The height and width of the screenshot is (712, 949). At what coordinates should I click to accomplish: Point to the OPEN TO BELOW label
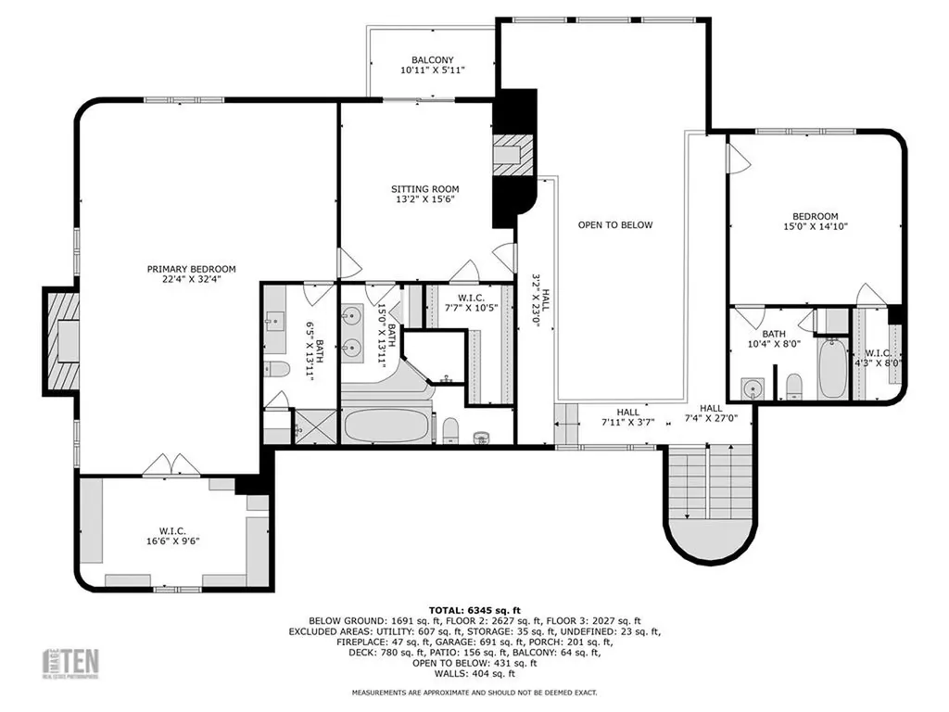615,225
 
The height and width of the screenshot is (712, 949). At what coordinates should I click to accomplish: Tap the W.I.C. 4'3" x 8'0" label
879,358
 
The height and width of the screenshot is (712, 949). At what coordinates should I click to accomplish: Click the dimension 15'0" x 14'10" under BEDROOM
815,226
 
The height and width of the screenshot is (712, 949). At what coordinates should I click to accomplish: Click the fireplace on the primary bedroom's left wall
63,339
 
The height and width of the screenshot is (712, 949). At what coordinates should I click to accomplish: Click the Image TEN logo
73,663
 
